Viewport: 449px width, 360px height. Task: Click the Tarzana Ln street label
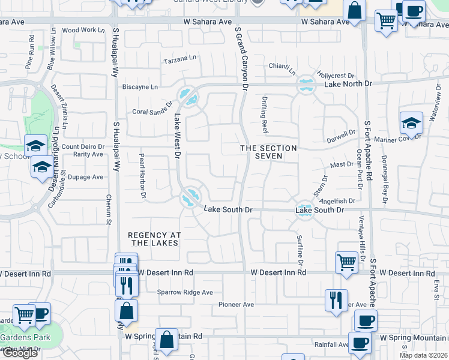point(180,61)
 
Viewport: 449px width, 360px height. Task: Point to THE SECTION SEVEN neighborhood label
point(268,152)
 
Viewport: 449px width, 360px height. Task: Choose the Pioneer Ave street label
point(236,305)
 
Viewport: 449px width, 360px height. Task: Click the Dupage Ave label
point(86,177)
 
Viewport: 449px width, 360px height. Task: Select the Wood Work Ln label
point(79,30)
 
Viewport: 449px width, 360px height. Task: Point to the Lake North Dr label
point(345,84)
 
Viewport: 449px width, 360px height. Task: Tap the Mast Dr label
point(342,164)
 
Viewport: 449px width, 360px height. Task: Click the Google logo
point(20,353)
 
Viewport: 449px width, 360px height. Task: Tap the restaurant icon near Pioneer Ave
point(336,299)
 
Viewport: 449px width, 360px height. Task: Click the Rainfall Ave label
point(331,344)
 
